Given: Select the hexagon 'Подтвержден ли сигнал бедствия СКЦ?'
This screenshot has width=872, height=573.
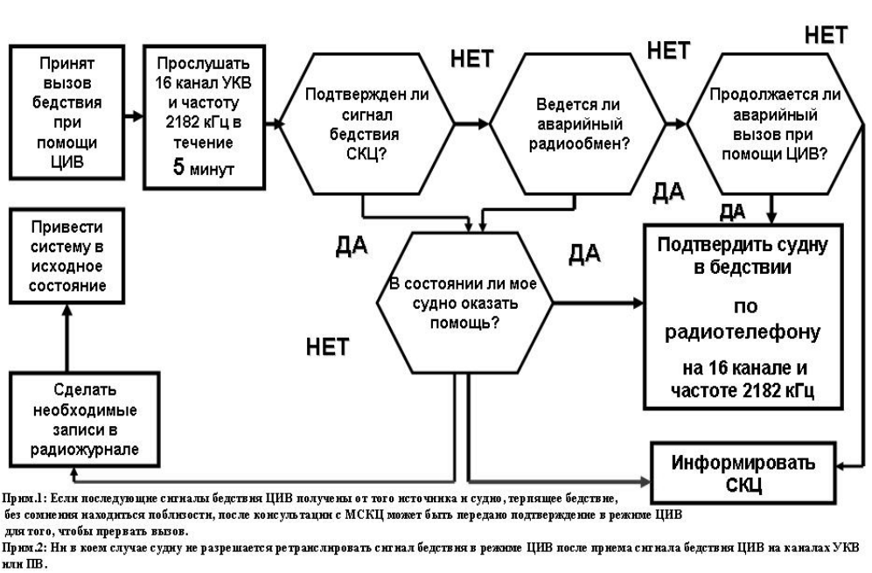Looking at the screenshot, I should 364,126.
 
